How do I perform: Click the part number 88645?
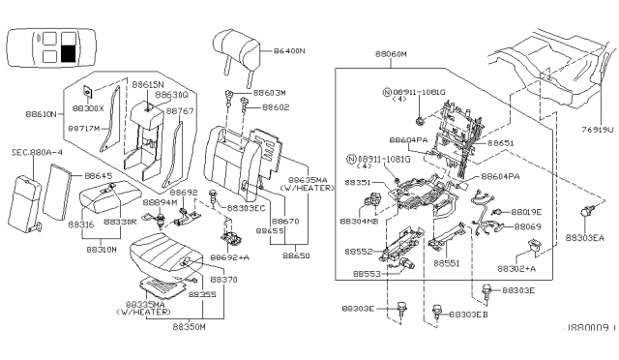[99, 176]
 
